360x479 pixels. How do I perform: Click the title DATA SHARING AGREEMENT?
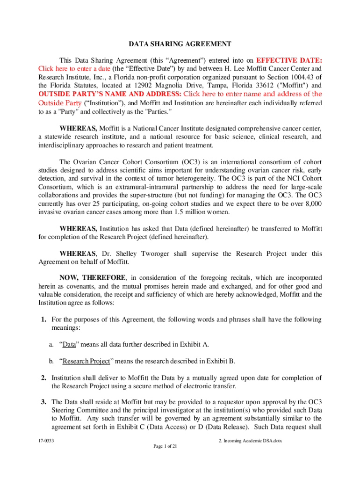pos(180,44)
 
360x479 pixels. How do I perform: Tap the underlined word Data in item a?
pos(69,344)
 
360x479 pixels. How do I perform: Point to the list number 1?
pos(43,319)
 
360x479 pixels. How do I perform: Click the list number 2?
pos(43,377)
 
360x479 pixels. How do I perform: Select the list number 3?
pos(43,402)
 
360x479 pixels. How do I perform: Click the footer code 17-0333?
pos(46,441)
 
